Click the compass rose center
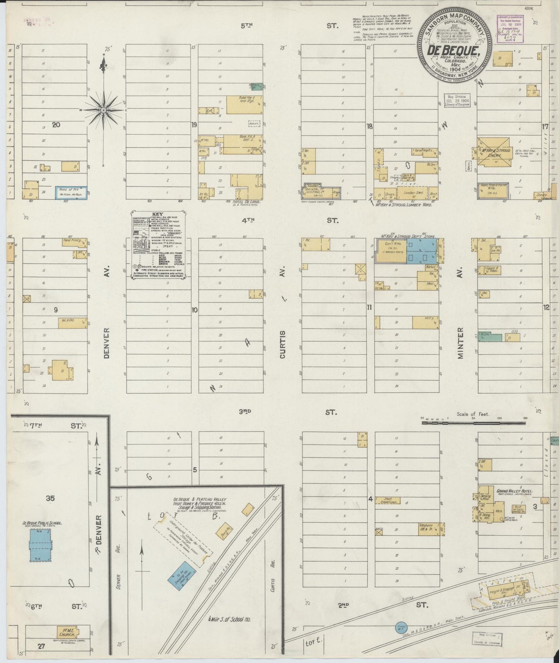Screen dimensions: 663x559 104,111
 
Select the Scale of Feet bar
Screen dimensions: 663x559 474,423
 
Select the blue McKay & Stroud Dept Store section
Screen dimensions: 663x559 421,252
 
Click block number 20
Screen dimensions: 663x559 56,125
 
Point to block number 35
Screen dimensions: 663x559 50,498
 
